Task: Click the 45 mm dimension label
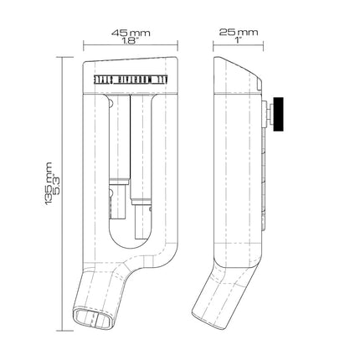point(131,33)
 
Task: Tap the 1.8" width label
point(131,41)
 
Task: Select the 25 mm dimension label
point(239,33)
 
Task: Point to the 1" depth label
point(238,40)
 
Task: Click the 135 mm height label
point(48,183)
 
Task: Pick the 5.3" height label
point(56,183)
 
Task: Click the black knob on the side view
point(278,114)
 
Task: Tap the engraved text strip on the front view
point(130,80)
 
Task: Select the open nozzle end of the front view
point(94,318)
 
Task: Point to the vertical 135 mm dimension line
point(62,194)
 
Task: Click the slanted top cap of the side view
point(238,75)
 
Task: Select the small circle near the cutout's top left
point(111,104)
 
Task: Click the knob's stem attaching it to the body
point(270,114)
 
